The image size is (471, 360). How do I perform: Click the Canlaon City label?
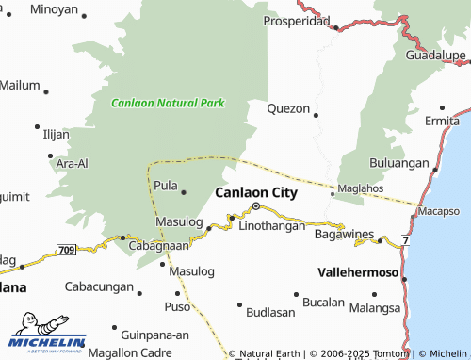256,192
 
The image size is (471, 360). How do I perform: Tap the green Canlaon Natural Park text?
168,103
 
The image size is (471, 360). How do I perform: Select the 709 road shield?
66,250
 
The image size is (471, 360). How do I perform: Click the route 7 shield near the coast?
405,243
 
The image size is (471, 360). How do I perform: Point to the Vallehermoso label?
359,270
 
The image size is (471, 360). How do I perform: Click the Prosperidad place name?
296,21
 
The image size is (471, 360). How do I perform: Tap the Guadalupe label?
436,56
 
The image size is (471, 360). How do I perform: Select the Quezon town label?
288,108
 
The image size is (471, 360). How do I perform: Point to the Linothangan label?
272,226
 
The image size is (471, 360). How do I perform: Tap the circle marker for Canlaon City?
255,206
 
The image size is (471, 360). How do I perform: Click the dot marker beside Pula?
183,193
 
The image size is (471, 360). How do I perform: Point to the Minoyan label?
54,9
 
